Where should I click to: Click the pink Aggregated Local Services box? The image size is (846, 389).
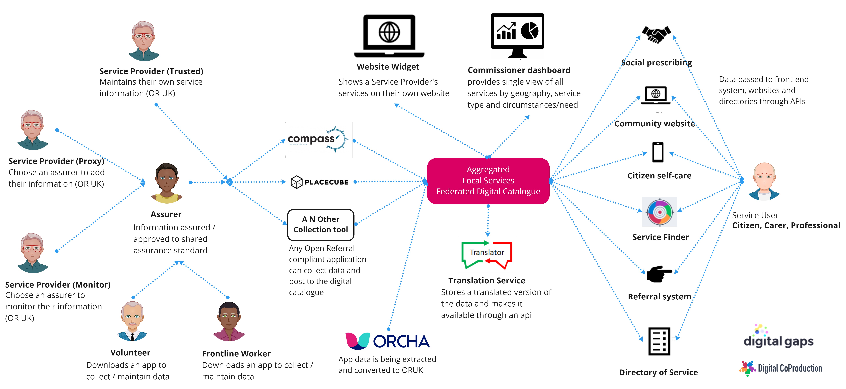point(488,181)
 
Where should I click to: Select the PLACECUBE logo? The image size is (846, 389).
point(320,182)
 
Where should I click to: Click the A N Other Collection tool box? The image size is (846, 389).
point(321,225)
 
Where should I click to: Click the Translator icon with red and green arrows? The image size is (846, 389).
point(487,254)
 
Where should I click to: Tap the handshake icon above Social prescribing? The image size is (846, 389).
point(656,34)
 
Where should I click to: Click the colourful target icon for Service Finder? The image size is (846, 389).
point(659,212)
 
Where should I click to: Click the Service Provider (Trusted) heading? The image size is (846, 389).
point(151,71)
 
